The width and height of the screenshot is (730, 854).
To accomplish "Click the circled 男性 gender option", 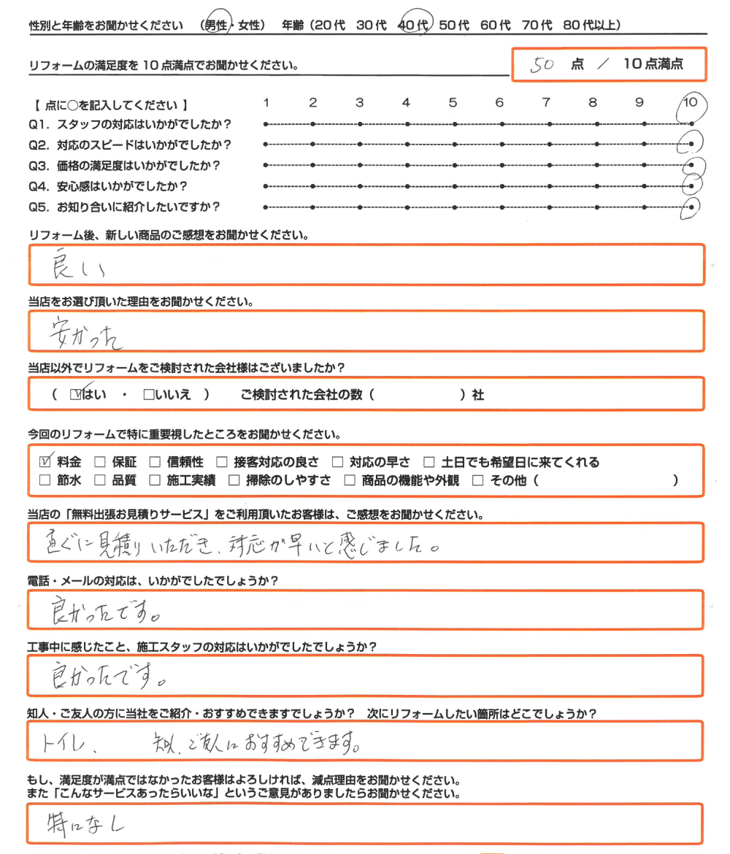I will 215,26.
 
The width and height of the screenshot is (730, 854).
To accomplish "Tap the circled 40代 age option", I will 414,26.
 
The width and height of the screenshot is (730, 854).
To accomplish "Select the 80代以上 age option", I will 592,26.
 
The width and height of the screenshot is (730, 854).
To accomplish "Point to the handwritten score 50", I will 544,64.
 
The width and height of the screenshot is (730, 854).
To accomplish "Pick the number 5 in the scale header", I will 453,103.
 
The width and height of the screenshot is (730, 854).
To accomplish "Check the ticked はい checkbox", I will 77,394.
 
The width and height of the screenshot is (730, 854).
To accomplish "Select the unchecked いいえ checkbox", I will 148,395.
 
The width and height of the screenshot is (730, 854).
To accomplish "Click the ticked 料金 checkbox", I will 45,461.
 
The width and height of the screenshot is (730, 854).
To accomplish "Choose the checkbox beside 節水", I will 45,480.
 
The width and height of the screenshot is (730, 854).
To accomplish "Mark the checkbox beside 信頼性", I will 154,462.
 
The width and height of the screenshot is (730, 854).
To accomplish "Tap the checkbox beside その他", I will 478,480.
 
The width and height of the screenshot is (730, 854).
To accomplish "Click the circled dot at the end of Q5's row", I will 692,207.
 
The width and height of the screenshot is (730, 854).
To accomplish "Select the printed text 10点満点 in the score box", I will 653,64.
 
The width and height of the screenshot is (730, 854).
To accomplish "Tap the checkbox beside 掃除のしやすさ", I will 234,480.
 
